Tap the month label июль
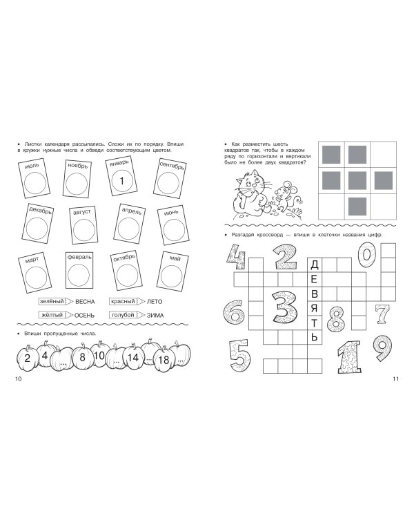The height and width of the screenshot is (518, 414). click(32, 165)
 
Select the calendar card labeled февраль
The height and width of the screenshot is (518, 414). click(79, 270)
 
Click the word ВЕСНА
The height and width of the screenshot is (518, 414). click(85, 302)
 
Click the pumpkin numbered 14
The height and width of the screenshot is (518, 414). click(132, 358)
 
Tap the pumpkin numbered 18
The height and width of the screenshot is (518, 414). click(164, 359)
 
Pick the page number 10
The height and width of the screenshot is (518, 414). click(18, 379)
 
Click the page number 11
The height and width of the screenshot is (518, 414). click(396, 379)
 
